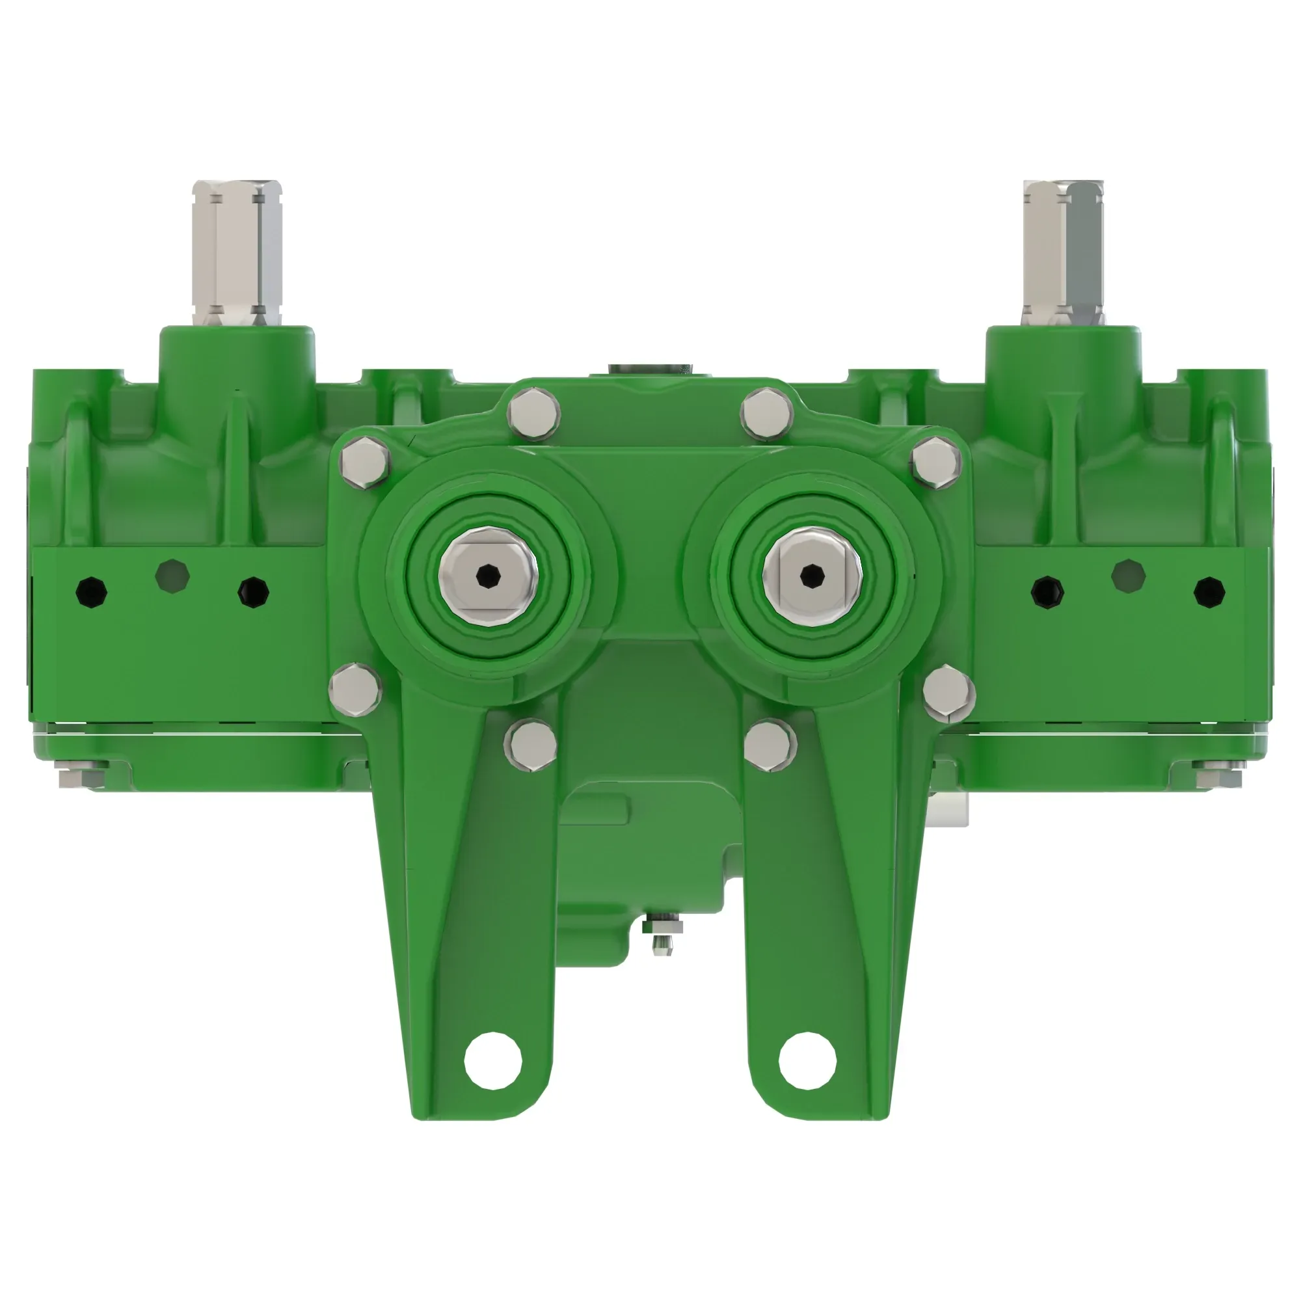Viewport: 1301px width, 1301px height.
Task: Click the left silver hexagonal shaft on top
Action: [x=236, y=252]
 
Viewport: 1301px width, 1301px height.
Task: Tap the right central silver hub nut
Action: [x=811, y=575]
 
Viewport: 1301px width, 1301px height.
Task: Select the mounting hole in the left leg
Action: [x=493, y=1060]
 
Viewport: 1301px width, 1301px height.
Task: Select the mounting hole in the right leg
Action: [x=807, y=1060]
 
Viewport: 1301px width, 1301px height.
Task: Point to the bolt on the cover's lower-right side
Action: [x=948, y=691]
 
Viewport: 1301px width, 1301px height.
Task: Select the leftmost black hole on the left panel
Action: [x=91, y=592]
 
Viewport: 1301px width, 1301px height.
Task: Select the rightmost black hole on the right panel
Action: [x=1209, y=592]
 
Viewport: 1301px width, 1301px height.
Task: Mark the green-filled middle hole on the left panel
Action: [x=172, y=576]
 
